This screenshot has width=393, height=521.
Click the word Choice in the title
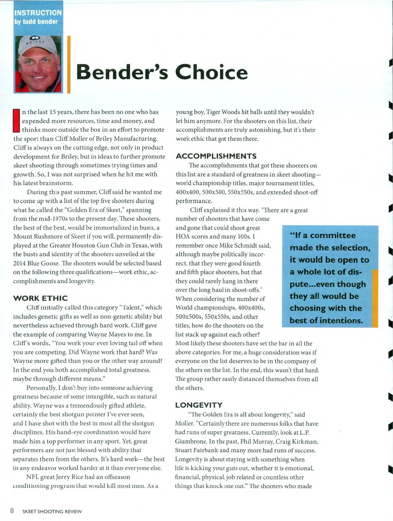[x=212, y=72]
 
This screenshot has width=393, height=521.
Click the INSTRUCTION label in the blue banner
[x=38, y=13]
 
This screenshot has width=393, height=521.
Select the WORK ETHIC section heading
[x=40, y=298]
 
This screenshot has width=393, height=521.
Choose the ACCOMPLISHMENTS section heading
[x=216, y=156]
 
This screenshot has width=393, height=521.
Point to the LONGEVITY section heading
[x=199, y=405]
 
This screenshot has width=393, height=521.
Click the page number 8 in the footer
[x=12, y=511]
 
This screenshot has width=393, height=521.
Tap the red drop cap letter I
[x=16, y=121]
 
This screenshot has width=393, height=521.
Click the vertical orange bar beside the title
[x=69, y=64]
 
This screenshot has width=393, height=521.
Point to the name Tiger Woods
[x=223, y=112]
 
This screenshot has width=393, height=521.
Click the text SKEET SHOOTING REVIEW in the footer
[x=52, y=511]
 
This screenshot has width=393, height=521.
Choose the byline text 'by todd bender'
[x=36, y=22]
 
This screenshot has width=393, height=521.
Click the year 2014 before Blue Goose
[x=19, y=263]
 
